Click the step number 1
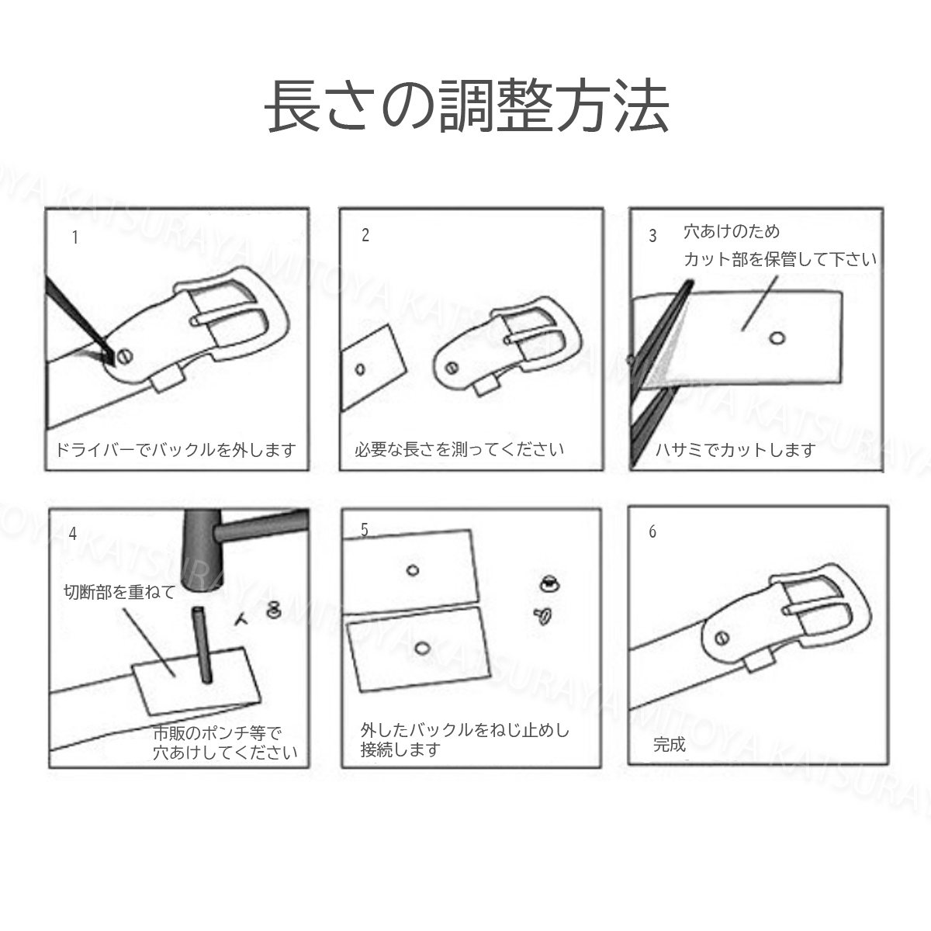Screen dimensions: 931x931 click(x=75, y=237)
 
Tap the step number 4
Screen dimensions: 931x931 click(x=73, y=533)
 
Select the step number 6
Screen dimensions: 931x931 click(x=652, y=531)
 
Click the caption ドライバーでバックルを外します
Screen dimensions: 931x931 click(x=176, y=449)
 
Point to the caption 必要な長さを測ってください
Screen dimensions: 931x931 click(x=459, y=448)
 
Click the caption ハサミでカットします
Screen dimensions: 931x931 click(x=735, y=449)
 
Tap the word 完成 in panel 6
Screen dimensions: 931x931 click(x=670, y=745)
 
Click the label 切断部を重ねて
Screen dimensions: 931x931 click(x=119, y=592)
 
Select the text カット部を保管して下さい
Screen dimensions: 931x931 click(x=780, y=259)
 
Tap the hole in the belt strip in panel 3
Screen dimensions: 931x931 click(x=777, y=337)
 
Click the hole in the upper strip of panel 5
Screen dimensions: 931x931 click(x=413, y=571)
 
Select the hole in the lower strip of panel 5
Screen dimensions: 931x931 click(x=421, y=648)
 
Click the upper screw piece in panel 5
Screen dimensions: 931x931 click(x=548, y=581)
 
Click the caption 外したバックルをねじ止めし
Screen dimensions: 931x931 click(x=465, y=730)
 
